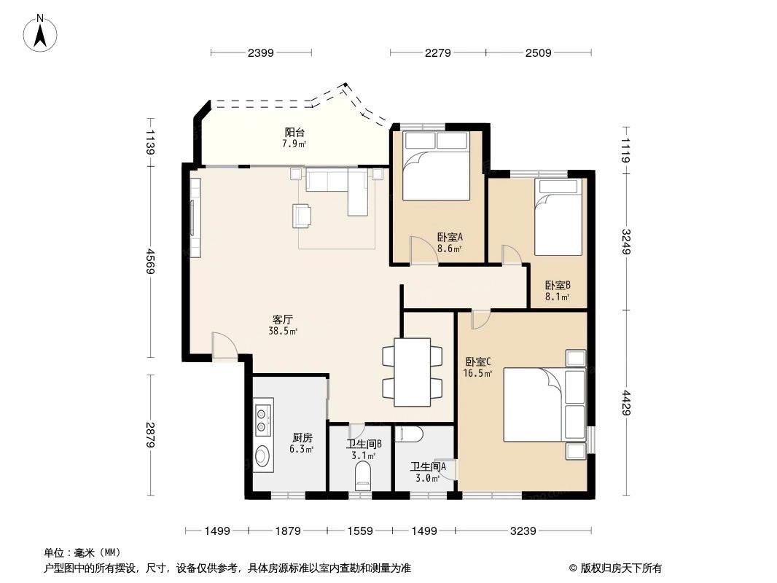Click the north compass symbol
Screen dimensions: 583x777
tap(42, 33)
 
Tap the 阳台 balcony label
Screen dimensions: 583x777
tap(294, 132)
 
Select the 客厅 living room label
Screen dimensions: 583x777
tap(283, 319)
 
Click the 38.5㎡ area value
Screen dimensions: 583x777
tap(283, 331)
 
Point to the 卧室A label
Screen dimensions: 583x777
tap(450, 237)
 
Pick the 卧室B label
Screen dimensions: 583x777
tap(557, 285)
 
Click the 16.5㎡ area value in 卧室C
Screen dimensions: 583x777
tap(477, 373)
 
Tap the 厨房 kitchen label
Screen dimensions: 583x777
tap(302, 437)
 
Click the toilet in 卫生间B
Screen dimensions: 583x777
tap(362, 479)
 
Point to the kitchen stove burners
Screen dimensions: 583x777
tap(262, 418)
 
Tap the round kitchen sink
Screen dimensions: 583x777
tap(262, 458)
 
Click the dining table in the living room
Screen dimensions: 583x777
tap(413, 372)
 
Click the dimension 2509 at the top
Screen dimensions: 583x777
tap(537, 52)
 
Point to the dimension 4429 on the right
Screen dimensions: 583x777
tap(627, 400)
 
